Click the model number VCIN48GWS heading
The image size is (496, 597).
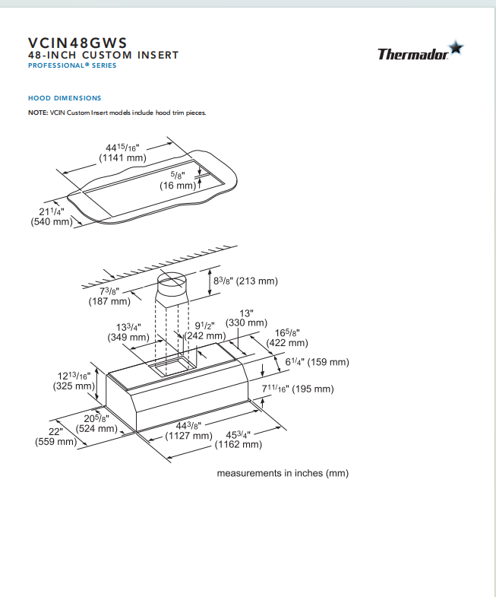(77, 43)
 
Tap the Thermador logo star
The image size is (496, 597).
(456, 48)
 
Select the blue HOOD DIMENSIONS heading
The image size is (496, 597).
(65, 98)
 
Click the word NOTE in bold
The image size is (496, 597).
(38, 113)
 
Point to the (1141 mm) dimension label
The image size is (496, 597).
(122, 158)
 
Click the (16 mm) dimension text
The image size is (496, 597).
(178, 186)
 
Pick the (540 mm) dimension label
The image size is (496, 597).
(52, 221)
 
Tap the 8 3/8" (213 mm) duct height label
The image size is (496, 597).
(245, 281)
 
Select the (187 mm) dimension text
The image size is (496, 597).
(109, 302)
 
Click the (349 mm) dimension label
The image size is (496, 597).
(128, 338)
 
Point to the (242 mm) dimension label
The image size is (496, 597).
(204, 336)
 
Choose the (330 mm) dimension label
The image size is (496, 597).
(246, 323)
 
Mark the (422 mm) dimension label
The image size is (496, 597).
(287, 343)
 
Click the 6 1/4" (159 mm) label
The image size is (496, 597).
(317, 362)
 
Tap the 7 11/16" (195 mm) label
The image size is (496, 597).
(298, 389)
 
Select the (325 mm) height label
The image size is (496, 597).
(74, 386)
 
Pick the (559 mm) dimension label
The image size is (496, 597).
(56, 442)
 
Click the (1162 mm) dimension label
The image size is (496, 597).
(238, 445)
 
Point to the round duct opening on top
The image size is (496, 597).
(172, 281)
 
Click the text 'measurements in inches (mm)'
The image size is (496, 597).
(283, 473)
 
